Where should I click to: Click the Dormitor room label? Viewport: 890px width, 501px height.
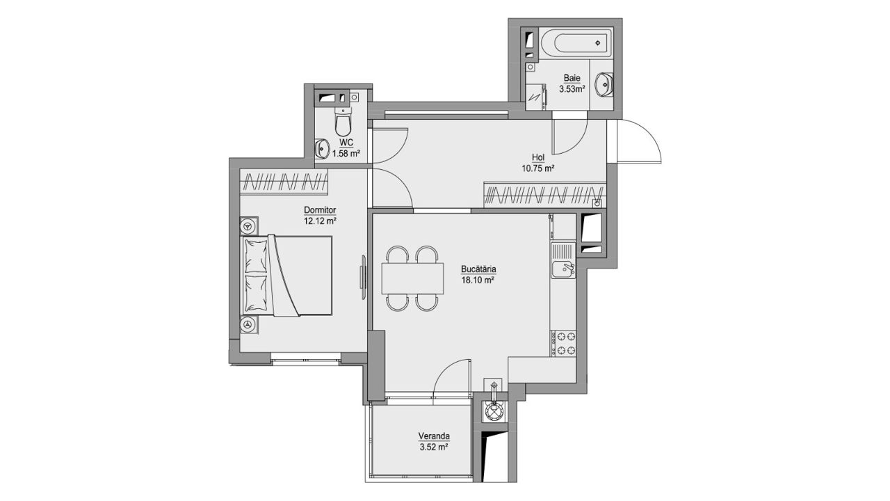[x=320, y=209]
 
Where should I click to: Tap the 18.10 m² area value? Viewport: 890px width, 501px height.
[x=478, y=280]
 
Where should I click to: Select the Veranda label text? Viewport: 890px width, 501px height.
[x=434, y=436]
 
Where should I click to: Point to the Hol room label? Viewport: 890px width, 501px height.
[x=538, y=157]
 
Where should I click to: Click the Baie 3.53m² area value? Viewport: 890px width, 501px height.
[x=572, y=89]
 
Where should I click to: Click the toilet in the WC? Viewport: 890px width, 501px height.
[x=343, y=120]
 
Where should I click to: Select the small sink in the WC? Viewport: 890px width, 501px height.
[x=321, y=148]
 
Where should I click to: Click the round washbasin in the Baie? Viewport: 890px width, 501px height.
[x=604, y=84]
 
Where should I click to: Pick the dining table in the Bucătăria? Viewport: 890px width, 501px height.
[x=412, y=278]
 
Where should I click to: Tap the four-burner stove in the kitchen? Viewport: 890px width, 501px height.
[x=563, y=343]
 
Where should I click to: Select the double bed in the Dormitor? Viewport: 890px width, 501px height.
[x=286, y=276]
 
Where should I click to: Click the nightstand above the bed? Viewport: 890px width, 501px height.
[x=249, y=226]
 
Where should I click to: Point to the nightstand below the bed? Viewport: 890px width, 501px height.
[x=249, y=325]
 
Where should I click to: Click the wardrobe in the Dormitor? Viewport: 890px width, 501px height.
[x=284, y=182]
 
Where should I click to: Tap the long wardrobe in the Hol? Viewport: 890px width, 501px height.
[x=545, y=195]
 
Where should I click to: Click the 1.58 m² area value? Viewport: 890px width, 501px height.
[x=346, y=154]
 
